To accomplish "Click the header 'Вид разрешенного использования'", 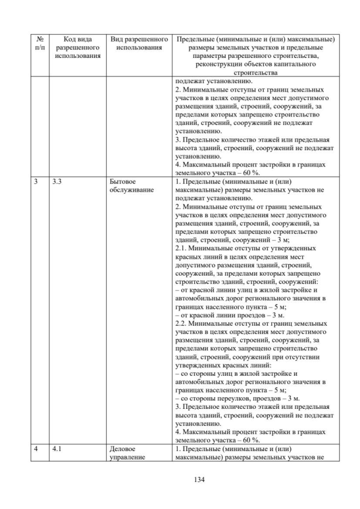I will (140, 43).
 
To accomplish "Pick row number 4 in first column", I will (35, 449).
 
